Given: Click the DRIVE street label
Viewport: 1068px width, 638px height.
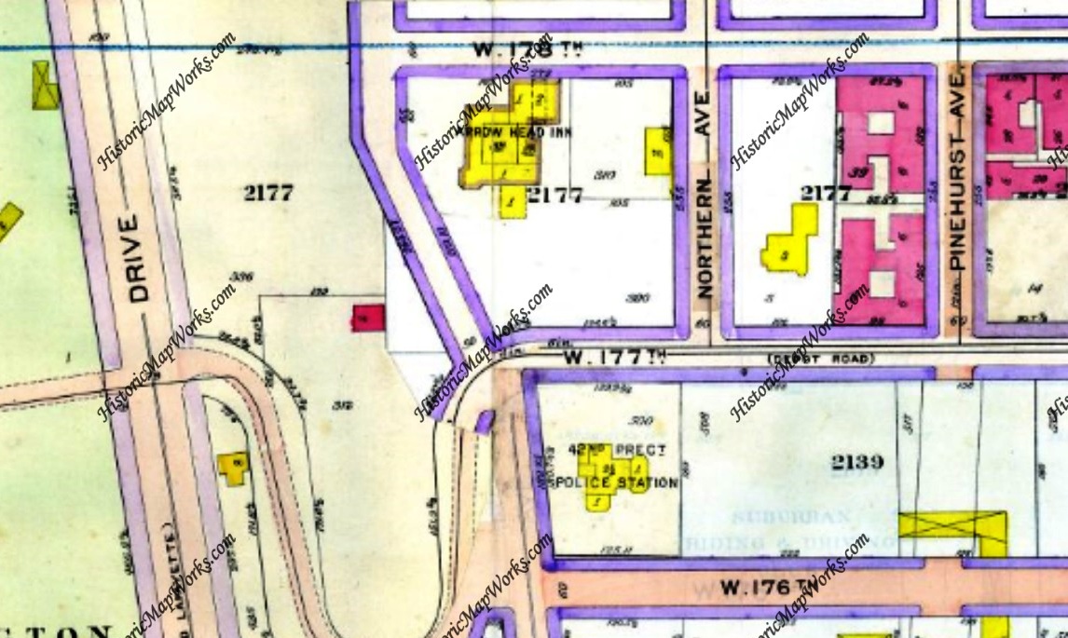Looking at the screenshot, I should point(139,258).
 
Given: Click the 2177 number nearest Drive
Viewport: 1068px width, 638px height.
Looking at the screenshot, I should point(268,193).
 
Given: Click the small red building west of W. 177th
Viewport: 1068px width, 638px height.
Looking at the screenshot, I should point(367,318).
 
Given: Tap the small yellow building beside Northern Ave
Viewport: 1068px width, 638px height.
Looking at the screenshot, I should point(658,152).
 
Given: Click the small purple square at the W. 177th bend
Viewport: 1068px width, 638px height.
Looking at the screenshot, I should point(484,423).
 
